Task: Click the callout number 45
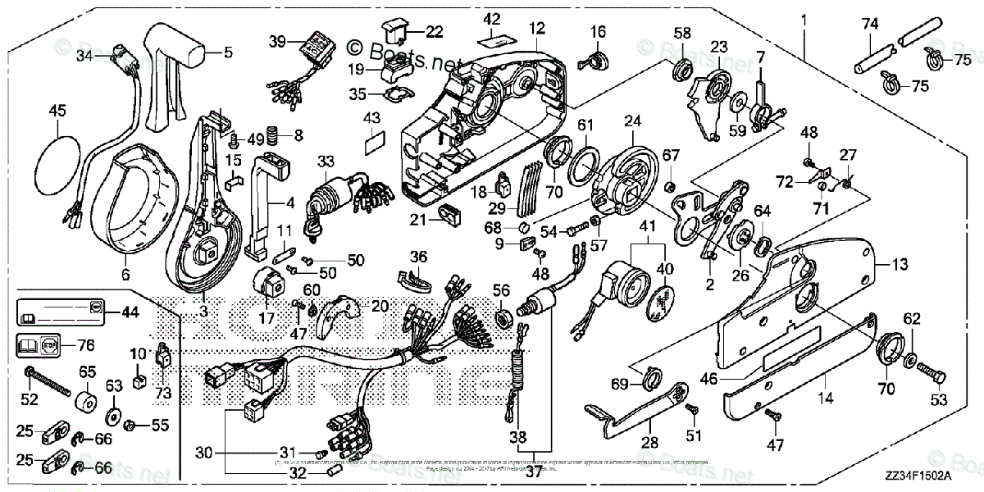[57, 110]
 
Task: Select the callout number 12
[536, 29]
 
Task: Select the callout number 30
[205, 452]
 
